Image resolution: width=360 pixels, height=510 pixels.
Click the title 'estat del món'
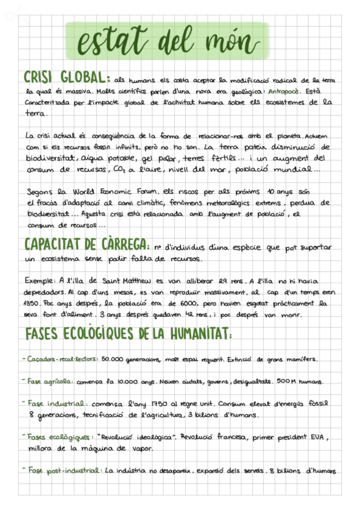click(163, 41)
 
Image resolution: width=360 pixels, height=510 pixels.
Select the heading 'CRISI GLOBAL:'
click(66, 79)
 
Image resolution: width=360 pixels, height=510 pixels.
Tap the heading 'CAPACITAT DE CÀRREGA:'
click(87, 246)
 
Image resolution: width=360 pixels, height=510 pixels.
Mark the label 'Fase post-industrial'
click(66, 471)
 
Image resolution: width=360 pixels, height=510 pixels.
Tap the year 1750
click(162, 404)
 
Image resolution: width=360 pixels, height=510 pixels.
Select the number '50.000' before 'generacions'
click(113, 360)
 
